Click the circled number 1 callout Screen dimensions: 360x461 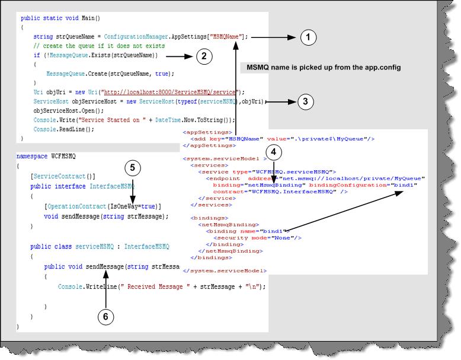coord(308,38)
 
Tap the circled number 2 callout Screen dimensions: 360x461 coord(204,56)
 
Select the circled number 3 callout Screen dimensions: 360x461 coord(305,101)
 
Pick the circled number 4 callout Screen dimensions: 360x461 coord(273,152)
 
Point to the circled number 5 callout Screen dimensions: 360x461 coord(133,168)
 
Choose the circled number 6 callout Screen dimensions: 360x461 coord(105,316)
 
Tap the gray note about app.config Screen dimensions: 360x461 coord(324,68)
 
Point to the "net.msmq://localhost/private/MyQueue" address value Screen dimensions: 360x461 coord(353,178)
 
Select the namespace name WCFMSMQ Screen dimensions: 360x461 coord(63,156)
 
